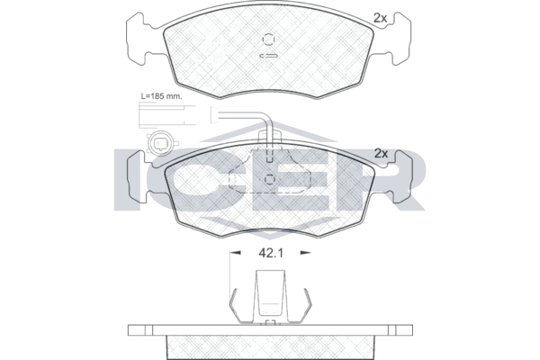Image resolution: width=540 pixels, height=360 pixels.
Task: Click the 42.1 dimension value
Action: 270,253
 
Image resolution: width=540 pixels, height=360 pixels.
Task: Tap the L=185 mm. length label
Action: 161,96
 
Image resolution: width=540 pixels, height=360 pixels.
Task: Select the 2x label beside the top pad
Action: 380,18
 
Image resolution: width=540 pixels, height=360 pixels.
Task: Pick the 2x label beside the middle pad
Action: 381,153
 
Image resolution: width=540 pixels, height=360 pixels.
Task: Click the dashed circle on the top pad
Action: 268,40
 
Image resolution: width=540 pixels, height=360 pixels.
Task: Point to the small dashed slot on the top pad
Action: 268,56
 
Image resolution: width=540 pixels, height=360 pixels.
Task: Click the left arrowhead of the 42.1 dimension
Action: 235,253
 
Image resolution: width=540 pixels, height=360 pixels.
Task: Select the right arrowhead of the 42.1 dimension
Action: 305,253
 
